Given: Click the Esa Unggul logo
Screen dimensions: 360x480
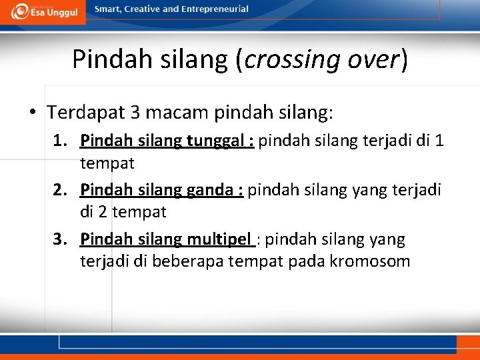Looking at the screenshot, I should point(43,11).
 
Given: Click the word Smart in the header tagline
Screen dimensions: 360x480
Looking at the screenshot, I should point(108,9).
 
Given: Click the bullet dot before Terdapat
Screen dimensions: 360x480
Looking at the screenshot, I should point(33,112).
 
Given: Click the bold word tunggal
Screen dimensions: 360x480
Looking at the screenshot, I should point(212,141).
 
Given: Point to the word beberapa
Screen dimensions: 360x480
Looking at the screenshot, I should point(187,261).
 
